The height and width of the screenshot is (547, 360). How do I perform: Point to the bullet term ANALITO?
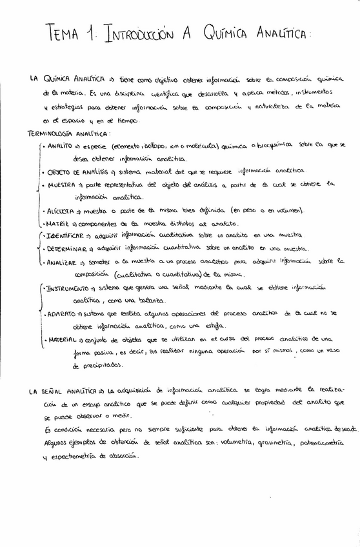click(60, 146)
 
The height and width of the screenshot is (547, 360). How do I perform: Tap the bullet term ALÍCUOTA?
click(64, 210)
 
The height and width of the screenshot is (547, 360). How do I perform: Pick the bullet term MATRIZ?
click(59, 223)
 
